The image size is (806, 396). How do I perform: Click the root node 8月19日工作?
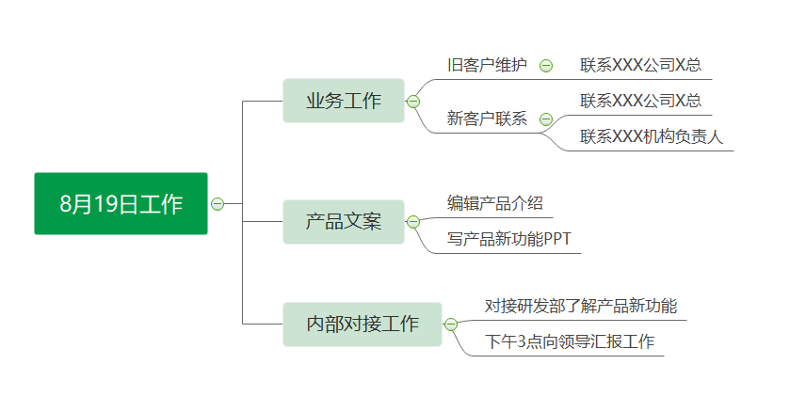[121, 203]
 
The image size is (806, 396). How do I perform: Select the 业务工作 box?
[344, 101]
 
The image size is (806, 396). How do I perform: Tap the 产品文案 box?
[344, 222]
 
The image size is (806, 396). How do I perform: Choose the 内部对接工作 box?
[363, 325]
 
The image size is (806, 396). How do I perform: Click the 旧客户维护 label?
[488, 65]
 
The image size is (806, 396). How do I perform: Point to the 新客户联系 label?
[488, 119]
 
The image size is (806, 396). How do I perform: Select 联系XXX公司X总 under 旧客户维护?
[641, 65]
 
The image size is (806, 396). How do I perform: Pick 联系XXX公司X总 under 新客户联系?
[641, 101]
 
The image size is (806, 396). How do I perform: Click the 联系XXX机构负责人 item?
[652, 136]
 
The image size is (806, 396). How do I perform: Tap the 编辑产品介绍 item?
[495, 203]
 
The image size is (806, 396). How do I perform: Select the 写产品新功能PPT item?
[508, 239]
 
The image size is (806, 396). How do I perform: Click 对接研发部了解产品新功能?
[581, 306]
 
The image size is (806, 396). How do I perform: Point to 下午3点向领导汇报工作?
[570, 341]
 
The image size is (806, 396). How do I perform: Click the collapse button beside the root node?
[218, 204]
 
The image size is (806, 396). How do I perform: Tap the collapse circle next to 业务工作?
[413, 102]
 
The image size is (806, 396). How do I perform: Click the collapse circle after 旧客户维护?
[546, 66]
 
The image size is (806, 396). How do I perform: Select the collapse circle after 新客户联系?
[546, 119]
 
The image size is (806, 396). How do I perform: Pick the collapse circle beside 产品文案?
[413, 222]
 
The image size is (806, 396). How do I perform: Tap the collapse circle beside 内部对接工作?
[451, 325]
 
